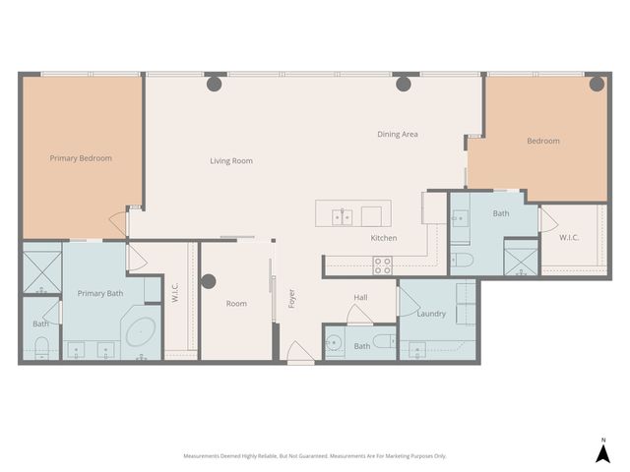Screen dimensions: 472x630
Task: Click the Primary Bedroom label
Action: coord(81,158)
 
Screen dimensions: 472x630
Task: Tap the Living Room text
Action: coord(231,160)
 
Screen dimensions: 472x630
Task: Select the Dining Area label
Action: coord(398,134)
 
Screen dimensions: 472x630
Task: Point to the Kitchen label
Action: coord(383,238)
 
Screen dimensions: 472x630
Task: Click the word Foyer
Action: coord(291,299)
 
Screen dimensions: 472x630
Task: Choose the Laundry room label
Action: coord(431,314)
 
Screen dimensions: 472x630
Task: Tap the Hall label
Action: coord(360,297)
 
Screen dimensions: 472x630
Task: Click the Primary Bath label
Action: coord(100,293)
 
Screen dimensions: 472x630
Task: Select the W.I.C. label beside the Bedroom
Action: coord(570,237)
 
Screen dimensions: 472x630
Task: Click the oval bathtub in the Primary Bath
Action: coord(141,331)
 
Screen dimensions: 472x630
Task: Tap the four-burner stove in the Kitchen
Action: coord(382,265)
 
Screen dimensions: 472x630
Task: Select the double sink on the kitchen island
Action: coord(342,215)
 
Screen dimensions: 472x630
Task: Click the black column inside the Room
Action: coord(209,281)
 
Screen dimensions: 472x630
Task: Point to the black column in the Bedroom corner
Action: coord(595,85)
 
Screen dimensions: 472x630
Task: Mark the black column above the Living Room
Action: coord(214,85)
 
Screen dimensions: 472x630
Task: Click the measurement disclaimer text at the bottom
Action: coord(315,456)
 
